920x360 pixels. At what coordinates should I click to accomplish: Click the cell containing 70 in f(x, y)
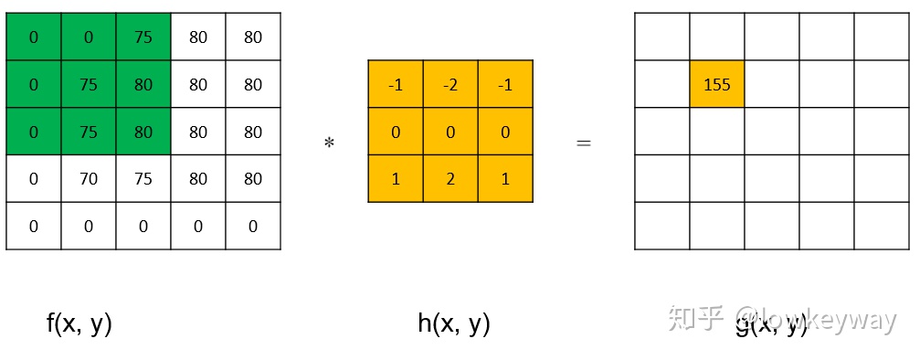(89, 179)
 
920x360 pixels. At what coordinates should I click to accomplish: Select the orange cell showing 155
(717, 84)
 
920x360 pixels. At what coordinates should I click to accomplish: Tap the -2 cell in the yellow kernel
(450, 84)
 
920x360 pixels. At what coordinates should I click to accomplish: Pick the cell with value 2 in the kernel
(450, 179)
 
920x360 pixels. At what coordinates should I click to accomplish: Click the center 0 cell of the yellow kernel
(450, 132)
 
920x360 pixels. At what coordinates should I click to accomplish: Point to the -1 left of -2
(396, 84)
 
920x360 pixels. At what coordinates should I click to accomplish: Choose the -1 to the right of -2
(505, 84)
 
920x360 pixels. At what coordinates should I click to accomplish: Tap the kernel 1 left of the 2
(396, 179)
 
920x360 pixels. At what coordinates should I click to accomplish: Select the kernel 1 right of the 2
(505, 179)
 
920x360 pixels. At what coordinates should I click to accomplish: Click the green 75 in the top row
(143, 37)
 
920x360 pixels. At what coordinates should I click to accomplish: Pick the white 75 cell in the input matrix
(143, 179)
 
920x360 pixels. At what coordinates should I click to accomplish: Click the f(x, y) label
(79, 323)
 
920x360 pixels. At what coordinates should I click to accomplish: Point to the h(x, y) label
(454, 323)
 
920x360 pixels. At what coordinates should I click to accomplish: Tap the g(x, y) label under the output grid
(772, 325)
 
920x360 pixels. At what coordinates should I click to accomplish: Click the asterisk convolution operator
(329, 143)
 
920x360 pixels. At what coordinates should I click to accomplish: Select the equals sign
(584, 143)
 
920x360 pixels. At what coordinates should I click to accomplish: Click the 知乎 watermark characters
(697, 318)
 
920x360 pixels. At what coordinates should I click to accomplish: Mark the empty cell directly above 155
(717, 37)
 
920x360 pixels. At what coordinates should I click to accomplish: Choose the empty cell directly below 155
(717, 132)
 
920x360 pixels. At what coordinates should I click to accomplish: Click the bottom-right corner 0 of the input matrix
(253, 227)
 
